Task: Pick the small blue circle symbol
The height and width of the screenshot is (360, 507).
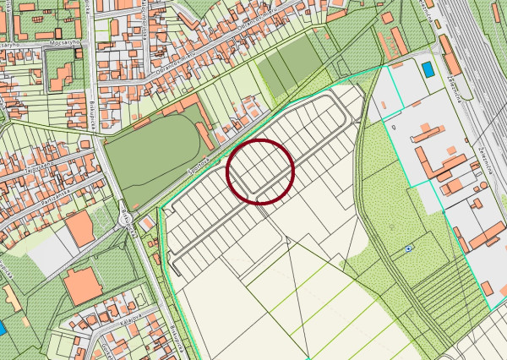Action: (409, 248)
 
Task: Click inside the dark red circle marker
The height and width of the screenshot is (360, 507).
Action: (260, 172)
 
